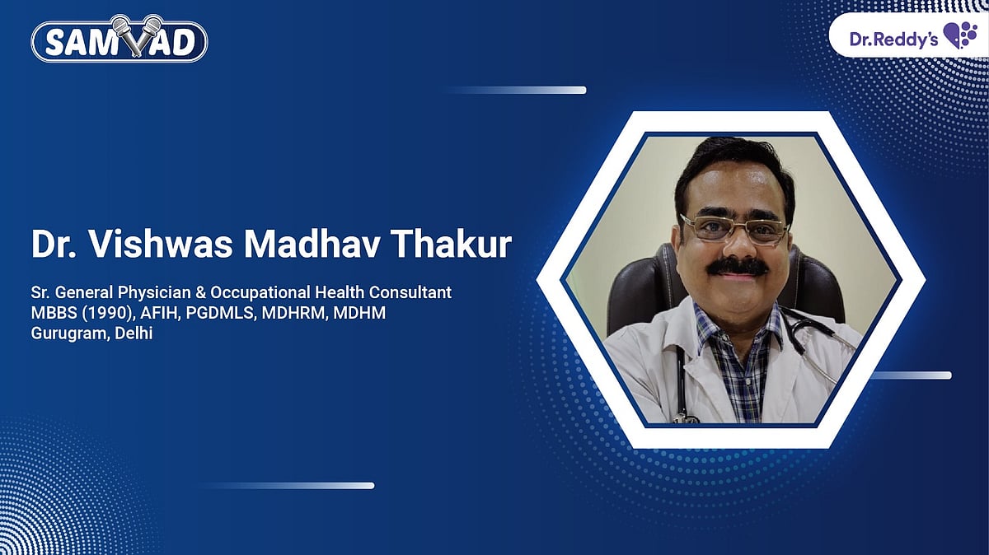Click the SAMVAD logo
tap(119, 40)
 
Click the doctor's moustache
tap(738, 267)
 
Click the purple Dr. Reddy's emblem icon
tap(959, 36)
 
